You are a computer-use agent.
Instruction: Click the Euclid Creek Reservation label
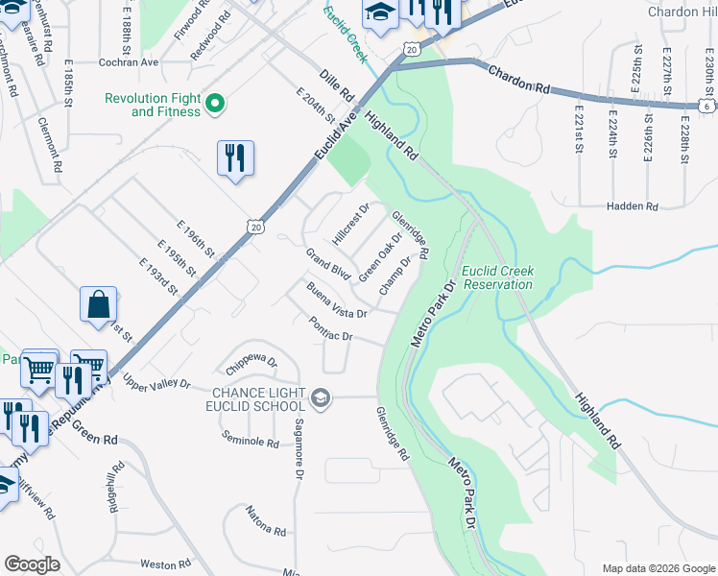pos(496,277)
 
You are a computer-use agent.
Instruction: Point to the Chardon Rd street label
pos(518,80)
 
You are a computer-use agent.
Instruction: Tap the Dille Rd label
pos(337,83)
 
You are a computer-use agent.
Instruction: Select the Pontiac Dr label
pos(332,329)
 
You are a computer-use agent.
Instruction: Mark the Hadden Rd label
pos(632,206)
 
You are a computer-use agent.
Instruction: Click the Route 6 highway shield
pos(706,107)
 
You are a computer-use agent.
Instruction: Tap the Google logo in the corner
pos(32,564)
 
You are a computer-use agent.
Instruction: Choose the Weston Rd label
pos(167,564)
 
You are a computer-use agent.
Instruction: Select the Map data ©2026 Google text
pos(658,568)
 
